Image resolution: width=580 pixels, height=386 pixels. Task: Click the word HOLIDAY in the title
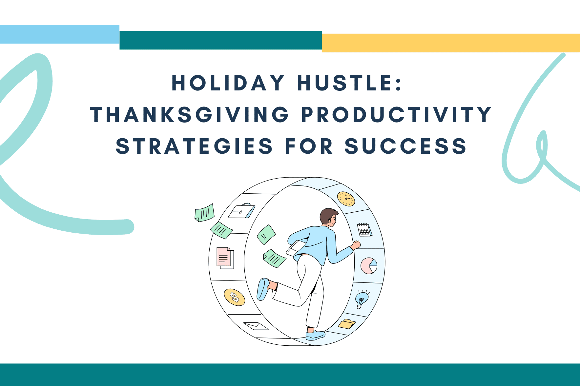tap(228, 83)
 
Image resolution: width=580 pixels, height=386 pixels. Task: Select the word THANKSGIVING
tap(190, 115)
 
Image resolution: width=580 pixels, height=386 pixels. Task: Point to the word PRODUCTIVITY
tap(397, 115)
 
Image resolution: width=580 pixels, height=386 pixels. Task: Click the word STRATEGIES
tap(194, 146)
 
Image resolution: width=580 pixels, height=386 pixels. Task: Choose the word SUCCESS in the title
tap(405, 146)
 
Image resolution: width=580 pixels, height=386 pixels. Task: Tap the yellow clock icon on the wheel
tap(346, 199)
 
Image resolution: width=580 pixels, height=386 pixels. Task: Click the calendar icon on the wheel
tap(364, 230)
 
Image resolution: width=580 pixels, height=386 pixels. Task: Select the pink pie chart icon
tap(369, 265)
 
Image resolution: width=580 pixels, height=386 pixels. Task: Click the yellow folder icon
tap(347, 324)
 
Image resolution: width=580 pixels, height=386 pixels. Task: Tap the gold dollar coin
tap(234, 297)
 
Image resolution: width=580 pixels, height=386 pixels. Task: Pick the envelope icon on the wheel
tap(256, 326)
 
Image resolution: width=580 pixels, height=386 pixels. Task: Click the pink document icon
tap(225, 258)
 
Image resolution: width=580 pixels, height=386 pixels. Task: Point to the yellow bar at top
tap(451, 43)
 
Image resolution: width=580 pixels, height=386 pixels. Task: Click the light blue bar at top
tap(60, 34)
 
